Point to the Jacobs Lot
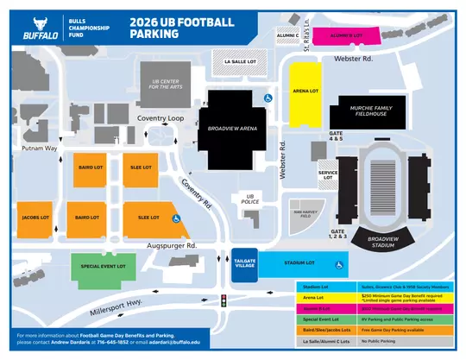coord(34,218)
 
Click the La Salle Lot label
coord(239,62)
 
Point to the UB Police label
coord(251,199)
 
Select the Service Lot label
coord(328,175)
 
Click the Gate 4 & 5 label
coord(336,136)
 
